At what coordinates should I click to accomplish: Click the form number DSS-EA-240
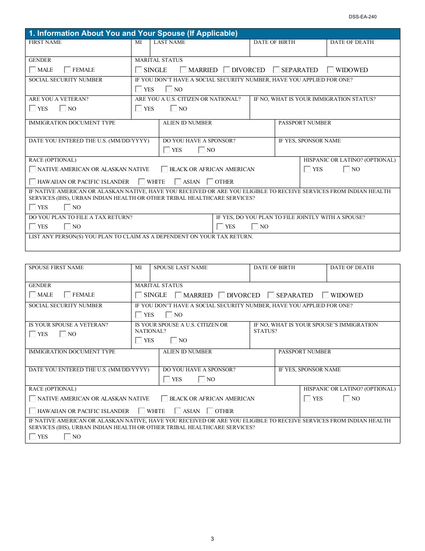363,17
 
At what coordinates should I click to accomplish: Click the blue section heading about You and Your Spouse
133,34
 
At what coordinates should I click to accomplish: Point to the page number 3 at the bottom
212,539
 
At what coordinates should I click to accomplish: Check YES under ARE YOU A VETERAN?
33,108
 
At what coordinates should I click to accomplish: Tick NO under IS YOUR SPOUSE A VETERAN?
63,334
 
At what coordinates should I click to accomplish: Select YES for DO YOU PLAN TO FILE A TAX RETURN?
33,227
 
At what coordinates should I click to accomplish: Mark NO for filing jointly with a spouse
255,227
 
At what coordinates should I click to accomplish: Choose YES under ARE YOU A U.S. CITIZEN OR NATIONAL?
139,108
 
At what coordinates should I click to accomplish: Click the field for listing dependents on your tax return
212,245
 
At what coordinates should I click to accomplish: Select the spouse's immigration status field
324,340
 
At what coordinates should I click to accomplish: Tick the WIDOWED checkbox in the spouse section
326,295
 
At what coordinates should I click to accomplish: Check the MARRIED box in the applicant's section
183,70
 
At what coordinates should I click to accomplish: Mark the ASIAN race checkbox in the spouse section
178,411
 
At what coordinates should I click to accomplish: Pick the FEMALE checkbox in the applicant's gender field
68,70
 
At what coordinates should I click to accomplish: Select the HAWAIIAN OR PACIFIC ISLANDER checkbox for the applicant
33,182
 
